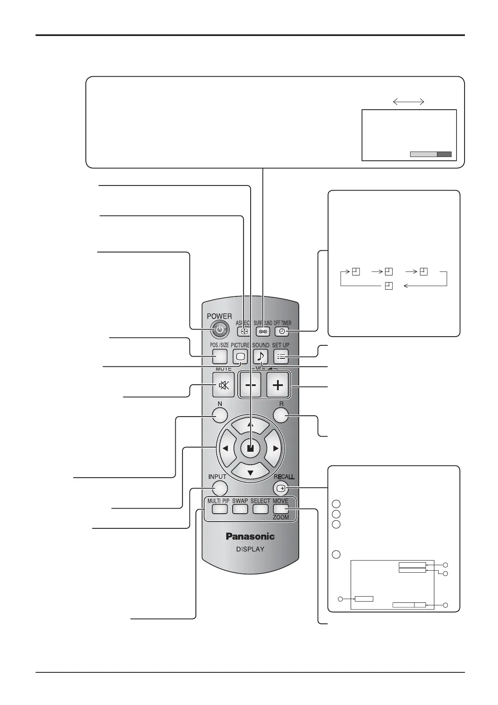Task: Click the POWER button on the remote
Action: [219, 330]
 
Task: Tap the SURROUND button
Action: [263, 331]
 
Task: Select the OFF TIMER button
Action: [282, 331]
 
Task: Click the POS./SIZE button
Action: [219, 356]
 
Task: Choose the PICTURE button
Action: [240, 356]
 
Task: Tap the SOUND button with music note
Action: [261, 356]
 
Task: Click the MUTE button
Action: [223, 385]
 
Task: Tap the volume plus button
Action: [277, 385]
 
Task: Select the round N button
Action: [220, 415]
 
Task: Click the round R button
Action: [281, 415]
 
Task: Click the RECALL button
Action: [282, 488]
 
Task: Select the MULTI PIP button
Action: [219, 509]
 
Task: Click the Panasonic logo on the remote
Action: [250, 536]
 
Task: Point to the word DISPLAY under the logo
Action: [250, 549]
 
